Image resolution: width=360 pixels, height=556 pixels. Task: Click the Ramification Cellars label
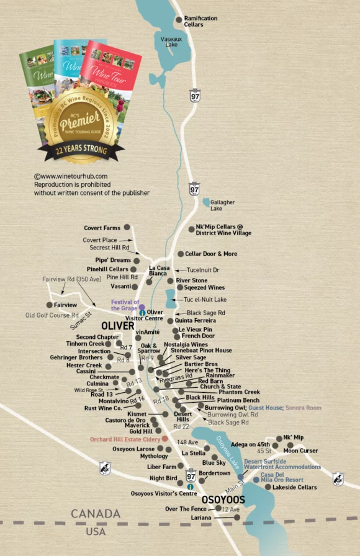[200, 21]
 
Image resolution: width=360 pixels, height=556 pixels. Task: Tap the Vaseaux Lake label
[171, 42]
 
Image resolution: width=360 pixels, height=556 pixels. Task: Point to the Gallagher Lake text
[222, 205]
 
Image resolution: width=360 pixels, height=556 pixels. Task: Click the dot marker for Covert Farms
[127, 228]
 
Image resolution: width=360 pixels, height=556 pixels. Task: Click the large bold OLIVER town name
[118, 325]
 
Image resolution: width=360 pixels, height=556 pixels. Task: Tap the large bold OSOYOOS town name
[222, 500]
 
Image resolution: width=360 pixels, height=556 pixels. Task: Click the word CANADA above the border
[95, 514]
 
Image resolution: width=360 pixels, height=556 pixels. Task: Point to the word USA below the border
[96, 532]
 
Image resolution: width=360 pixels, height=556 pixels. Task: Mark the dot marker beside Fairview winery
[50, 305]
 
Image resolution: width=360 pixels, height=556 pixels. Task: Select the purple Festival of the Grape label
[125, 305]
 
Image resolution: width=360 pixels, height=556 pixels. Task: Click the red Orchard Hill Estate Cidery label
[123, 439]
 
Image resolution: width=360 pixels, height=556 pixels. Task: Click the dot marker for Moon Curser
[290, 445]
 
